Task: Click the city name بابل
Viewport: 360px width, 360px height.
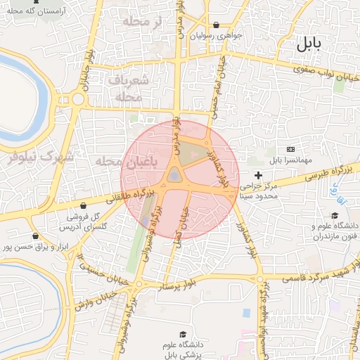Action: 307,44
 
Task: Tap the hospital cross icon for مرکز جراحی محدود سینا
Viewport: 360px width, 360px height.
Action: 258,174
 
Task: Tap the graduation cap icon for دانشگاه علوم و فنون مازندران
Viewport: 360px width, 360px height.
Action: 335,215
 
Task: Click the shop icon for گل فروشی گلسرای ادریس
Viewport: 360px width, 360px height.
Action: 84,206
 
